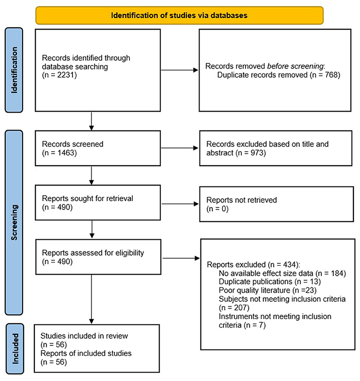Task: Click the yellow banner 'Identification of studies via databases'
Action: click(x=179, y=16)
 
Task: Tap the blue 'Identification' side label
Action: click(x=14, y=70)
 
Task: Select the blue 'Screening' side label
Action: click(x=14, y=223)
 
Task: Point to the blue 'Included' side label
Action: click(x=15, y=349)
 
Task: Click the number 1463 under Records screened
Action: click(x=65, y=153)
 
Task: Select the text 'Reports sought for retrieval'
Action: click(x=88, y=199)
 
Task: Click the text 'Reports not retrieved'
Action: click(x=241, y=200)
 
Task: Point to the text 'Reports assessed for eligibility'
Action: click(x=93, y=253)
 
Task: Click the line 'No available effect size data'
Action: click(x=266, y=273)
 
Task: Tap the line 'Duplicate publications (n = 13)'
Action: click(x=270, y=282)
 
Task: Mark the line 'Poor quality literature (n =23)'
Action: click(x=267, y=291)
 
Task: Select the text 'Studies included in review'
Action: click(x=84, y=336)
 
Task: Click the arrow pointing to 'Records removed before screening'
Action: click(x=180, y=70)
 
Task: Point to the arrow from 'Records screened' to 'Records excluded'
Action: click(x=180, y=148)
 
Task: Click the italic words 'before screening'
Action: click(x=295, y=66)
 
